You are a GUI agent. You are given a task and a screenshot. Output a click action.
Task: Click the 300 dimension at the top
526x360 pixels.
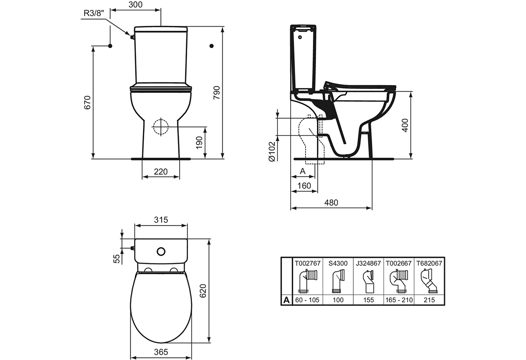coord(135,5)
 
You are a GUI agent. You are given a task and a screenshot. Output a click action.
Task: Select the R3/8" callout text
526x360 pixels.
coord(94,13)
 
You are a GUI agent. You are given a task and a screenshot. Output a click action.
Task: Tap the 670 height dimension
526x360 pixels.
coord(87,103)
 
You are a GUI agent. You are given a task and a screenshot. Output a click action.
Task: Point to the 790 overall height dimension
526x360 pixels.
coord(217,93)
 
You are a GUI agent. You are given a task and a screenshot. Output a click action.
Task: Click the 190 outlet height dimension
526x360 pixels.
coord(199,143)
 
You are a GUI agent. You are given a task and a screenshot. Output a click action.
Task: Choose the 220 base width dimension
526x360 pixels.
coord(161,171)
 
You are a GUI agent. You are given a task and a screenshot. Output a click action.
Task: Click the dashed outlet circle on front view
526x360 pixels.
coord(161,127)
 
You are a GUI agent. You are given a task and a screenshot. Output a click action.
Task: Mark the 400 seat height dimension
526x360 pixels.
coord(405,125)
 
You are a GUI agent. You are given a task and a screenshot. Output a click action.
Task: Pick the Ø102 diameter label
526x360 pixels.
coord(272,151)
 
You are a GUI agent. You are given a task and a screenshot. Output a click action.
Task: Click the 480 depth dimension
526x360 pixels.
coord(331,203)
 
